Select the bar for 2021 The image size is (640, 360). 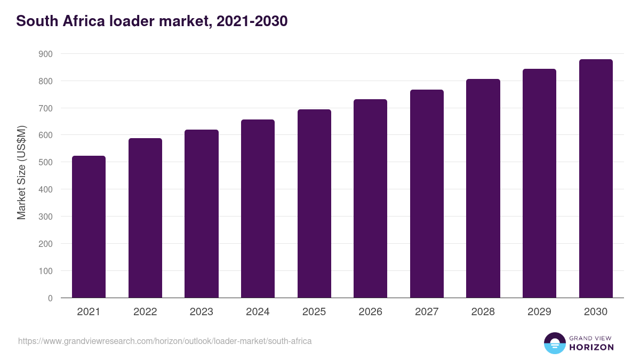89,227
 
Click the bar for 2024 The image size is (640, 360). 258,209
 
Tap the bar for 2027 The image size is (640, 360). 427,194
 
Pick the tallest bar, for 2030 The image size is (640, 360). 596,179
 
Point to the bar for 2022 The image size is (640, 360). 145,218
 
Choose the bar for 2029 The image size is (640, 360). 539,183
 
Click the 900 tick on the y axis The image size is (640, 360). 45,54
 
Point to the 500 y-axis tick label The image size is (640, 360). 45,163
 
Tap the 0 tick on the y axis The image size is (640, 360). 50,298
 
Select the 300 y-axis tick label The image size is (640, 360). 45,217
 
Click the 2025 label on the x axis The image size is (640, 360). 314,312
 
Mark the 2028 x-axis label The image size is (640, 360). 483,312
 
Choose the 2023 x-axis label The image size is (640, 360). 201,312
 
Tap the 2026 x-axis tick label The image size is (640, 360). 370,312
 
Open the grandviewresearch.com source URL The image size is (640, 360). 165,341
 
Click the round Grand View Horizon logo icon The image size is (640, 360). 554,343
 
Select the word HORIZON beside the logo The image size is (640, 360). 591,347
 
